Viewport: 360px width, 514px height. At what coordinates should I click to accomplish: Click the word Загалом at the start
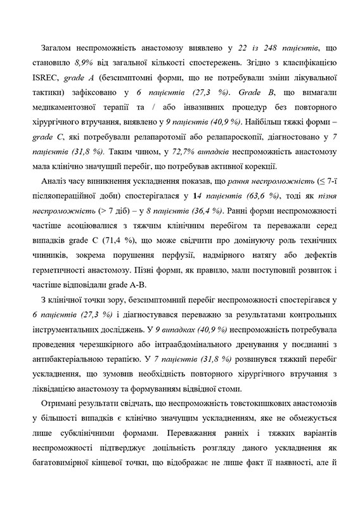click(58, 48)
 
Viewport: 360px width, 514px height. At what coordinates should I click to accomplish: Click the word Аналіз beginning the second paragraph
click(55, 182)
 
